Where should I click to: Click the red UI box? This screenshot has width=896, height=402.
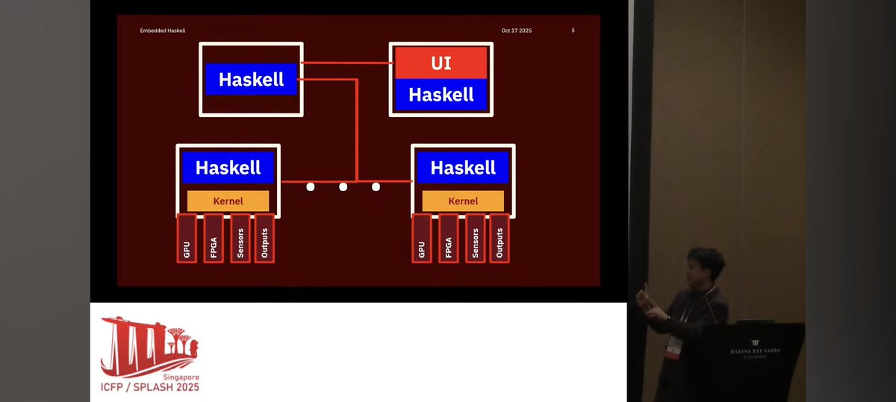pos(441,63)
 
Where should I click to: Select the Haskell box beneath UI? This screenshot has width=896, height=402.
pos(441,95)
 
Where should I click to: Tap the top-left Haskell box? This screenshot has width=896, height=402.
pos(251,79)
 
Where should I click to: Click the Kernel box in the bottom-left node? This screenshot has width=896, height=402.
pos(228,201)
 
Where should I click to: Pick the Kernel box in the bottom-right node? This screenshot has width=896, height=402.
pos(463,201)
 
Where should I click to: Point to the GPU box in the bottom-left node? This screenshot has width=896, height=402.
pos(187,238)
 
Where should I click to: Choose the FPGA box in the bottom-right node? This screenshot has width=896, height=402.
pos(449,238)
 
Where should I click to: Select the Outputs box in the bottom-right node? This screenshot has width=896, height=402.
pos(499,238)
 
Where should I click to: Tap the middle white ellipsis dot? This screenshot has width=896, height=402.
pos(343,186)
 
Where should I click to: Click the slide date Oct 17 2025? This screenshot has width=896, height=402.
pos(517,31)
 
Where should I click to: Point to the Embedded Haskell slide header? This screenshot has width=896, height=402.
pos(162,31)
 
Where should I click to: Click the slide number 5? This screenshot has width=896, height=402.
pos(573,31)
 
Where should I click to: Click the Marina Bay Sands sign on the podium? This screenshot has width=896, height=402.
pos(754,353)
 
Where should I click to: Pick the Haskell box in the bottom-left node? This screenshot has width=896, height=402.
pos(228,168)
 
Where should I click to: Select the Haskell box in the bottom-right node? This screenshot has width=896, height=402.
pos(463,168)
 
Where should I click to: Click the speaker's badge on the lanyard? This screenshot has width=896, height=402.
pos(674,347)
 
